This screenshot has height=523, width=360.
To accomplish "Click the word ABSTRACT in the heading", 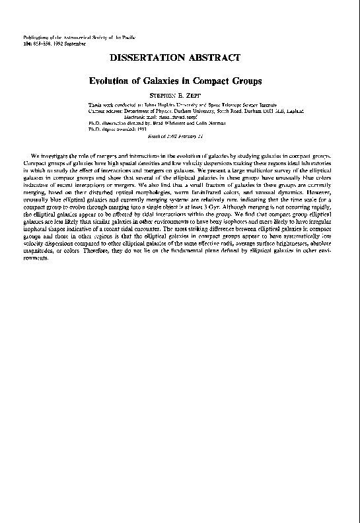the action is pyautogui.click(x=212, y=58).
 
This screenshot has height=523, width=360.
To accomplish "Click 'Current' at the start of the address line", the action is pyautogui.click(x=97, y=112).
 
